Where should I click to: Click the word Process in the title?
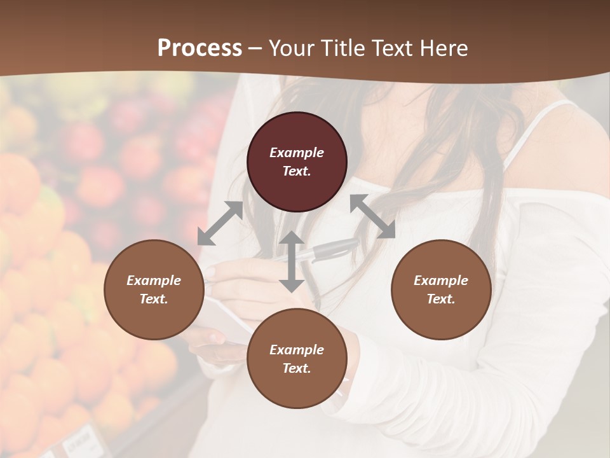pos(200,48)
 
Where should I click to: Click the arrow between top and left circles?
pos(220,223)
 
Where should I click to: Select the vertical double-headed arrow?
pos(292,261)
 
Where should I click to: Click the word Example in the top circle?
pos(297,153)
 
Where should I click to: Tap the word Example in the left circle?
pos(154,281)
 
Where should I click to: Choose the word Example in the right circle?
pos(441,281)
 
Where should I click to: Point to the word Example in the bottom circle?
pos(297,350)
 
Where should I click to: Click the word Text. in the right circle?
pos(441,299)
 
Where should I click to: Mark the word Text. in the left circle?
pos(154,299)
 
